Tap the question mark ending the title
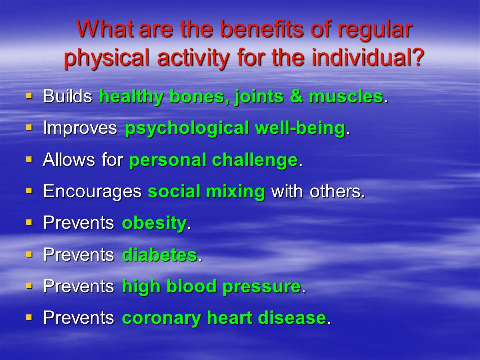click(417, 57)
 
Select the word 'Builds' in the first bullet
click(67, 96)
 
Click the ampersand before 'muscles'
click(296, 96)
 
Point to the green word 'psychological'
click(186, 128)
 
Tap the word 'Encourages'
click(92, 192)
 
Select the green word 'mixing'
click(235, 192)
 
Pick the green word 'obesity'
click(154, 223)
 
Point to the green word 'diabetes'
click(160, 255)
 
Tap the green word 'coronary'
click(161, 318)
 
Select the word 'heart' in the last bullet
click(229, 318)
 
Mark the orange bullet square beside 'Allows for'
click(29, 159)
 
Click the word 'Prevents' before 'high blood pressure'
click(78, 287)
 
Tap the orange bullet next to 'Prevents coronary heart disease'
click(29, 317)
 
